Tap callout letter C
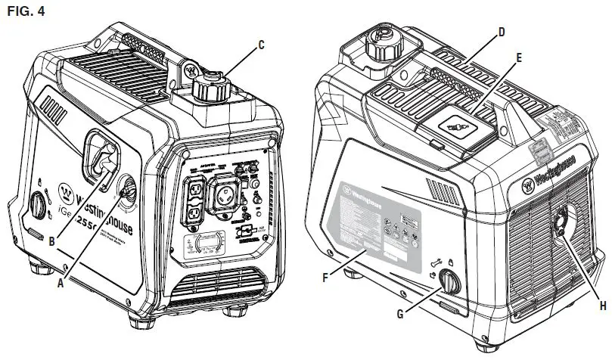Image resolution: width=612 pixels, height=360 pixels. (260, 45)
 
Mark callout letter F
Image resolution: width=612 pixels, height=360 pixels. (325, 277)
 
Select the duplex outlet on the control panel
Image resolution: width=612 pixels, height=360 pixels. (194, 203)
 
